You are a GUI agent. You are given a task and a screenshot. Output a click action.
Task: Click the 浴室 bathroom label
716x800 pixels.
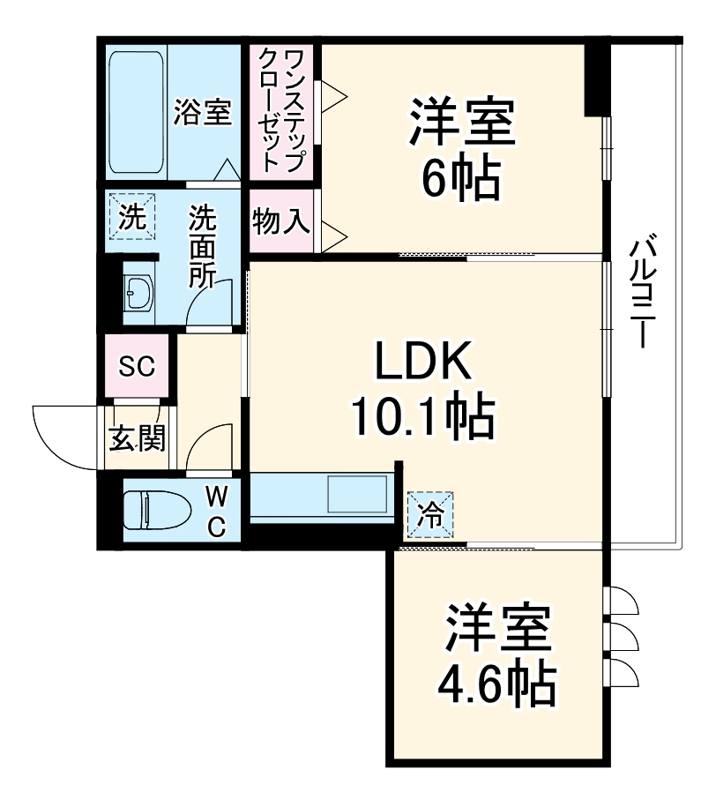click(x=204, y=112)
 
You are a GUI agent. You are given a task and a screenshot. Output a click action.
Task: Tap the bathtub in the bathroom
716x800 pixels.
click(x=137, y=113)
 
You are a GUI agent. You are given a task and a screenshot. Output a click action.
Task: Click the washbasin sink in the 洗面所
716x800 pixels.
click(x=138, y=293)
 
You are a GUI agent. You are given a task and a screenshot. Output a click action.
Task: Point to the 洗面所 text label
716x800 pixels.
click(x=204, y=248)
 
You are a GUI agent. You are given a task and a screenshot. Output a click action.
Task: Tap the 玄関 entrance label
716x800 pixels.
click(x=138, y=437)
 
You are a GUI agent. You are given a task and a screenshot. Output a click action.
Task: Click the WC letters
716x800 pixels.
click(x=217, y=512)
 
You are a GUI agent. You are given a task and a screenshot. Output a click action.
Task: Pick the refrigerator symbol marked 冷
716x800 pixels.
click(x=429, y=513)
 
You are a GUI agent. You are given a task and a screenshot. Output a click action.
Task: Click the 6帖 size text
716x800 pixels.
click(x=459, y=179)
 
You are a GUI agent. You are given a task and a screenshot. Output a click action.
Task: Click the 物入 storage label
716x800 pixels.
click(x=281, y=221)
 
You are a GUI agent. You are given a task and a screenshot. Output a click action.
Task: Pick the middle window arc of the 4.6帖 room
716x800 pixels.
click(x=623, y=636)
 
